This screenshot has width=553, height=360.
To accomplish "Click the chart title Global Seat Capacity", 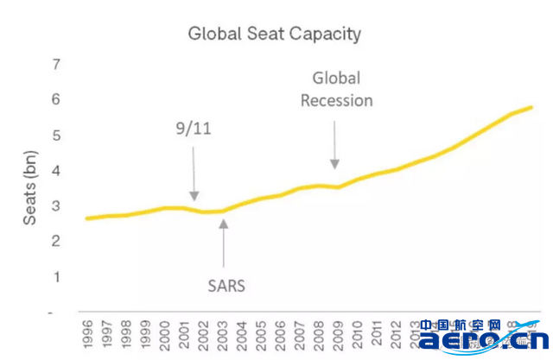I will pos(274,35).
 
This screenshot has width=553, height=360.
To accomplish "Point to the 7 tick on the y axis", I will pos(56,65).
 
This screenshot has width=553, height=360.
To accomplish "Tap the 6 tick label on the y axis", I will pos(56,100).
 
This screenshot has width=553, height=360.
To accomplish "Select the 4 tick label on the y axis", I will pos(56,171).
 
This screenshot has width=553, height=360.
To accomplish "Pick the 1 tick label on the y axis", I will pos(56,277).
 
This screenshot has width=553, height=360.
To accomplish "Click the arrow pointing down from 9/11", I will pos(194,173).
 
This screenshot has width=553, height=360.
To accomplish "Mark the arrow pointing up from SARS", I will pos(224,246).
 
